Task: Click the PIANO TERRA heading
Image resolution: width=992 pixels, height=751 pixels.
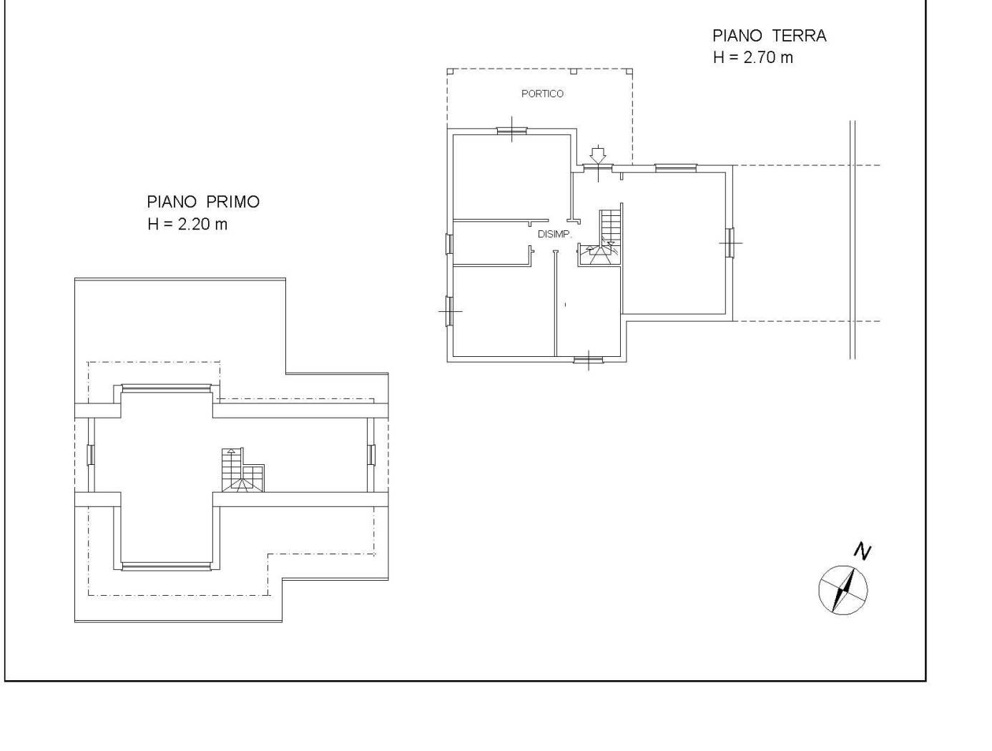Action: tap(769, 36)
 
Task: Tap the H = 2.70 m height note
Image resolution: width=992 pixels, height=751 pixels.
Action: tap(753, 58)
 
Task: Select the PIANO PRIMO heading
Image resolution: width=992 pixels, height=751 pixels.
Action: tap(203, 202)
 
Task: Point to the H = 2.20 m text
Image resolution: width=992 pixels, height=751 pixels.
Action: tap(187, 224)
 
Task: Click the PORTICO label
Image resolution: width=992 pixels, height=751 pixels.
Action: tap(542, 94)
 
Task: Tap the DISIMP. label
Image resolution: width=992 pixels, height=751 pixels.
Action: tap(554, 234)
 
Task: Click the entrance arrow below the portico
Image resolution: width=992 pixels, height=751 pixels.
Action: tap(598, 154)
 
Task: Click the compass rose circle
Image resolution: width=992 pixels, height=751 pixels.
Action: tap(843, 589)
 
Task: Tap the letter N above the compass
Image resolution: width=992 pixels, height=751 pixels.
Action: tap(863, 551)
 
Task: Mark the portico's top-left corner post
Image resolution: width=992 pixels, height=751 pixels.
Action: tap(450, 71)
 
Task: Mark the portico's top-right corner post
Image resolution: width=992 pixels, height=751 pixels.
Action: tap(629, 71)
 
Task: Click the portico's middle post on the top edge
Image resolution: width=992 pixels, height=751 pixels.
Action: tap(573, 71)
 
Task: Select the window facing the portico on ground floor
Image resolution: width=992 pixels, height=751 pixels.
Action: tap(511, 131)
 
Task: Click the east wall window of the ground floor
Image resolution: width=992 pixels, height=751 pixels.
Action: tap(730, 242)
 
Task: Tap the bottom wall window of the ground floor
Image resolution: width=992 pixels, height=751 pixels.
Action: tap(589, 360)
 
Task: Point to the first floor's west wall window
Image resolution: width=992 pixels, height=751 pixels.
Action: tap(91, 455)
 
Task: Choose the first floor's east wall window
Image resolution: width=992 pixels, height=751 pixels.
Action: tap(371, 455)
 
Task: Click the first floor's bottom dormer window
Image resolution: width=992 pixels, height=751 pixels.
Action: tap(167, 566)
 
